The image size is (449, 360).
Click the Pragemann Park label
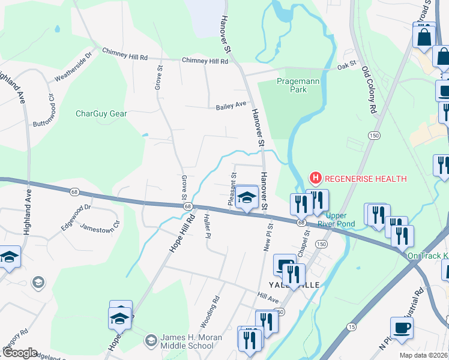[x=292, y=85]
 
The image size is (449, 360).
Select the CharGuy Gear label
[x=101, y=113]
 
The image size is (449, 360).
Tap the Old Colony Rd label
[x=369, y=90]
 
